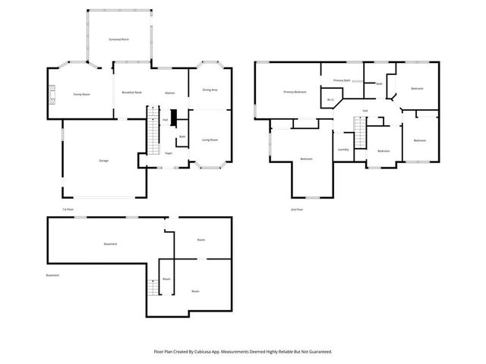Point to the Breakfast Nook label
coord(132,92)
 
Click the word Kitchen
coord(171,92)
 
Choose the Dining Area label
coord(210,89)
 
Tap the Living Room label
coord(210,140)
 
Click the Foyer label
coord(169,153)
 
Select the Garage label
coord(103,160)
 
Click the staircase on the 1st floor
coord(153,137)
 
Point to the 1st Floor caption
coord(68,209)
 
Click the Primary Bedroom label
coord(295,92)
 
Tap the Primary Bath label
coord(342,80)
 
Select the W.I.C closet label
coord(331,99)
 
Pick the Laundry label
coord(343,149)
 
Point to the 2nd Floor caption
coord(296,209)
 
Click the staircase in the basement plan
coord(153,287)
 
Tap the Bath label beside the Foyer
coord(182,136)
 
